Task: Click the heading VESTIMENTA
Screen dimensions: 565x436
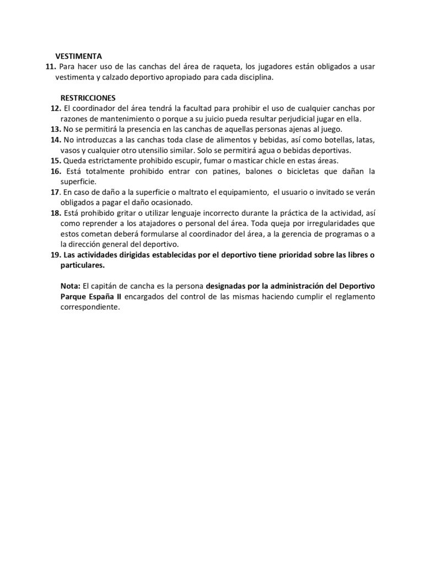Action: (79, 56)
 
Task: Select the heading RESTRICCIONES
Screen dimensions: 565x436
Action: (84, 97)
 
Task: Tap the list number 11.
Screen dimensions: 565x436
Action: (50, 67)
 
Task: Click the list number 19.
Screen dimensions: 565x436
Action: (55, 255)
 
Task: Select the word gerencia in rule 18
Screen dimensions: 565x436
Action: (286, 234)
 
